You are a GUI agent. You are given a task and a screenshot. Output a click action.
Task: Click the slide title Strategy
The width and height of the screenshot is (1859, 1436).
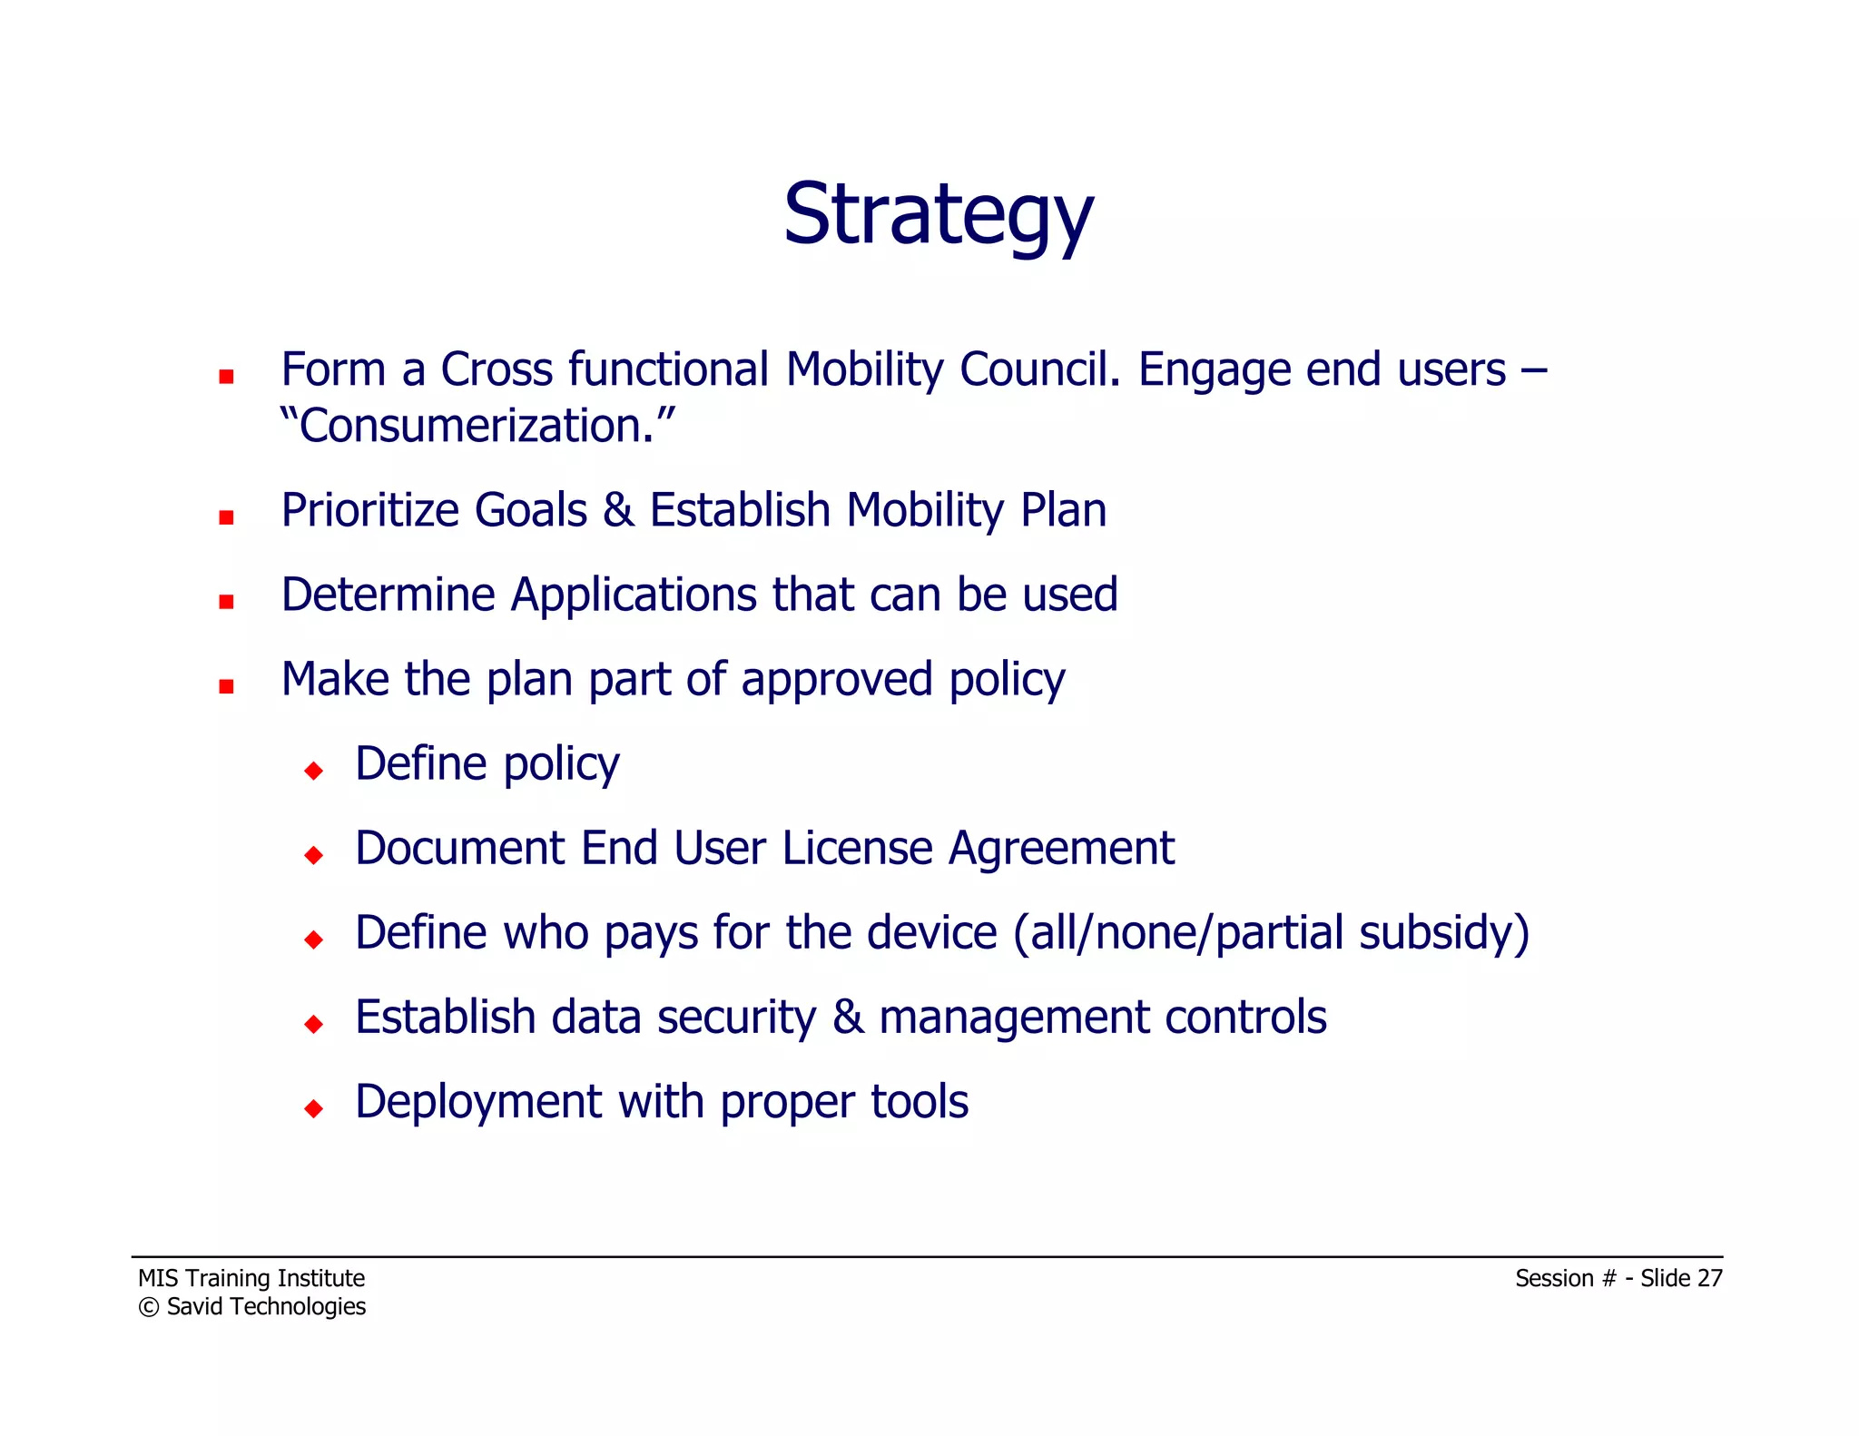pyautogui.click(x=939, y=216)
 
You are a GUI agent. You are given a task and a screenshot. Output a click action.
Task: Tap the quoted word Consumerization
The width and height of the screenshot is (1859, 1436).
pyautogui.click(x=477, y=426)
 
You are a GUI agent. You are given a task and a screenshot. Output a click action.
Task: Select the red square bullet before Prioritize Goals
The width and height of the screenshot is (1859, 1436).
pyautogui.click(x=226, y=517)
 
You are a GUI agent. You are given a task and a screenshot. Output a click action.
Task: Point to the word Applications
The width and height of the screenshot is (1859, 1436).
pyautogui.click(x=634, y=595)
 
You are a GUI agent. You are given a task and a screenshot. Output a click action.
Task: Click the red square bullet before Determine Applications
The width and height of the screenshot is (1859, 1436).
pyautogui.click(x=226, y=602)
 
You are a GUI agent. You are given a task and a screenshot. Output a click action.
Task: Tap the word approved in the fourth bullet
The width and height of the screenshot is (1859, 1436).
pyautogui.click(x=836, y=681)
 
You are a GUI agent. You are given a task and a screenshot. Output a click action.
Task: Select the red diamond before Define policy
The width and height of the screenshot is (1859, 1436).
pyautogui.click(x=314, y=771)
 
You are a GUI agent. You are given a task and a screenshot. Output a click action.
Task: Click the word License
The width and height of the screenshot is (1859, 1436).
pyautogui.click(x=857, y=849)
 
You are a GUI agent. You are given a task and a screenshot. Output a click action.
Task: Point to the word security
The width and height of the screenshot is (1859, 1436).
pyautogui.click(x=736, y=1018)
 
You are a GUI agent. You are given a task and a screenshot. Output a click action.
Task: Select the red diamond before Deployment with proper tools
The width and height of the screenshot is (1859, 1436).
pyautogui.click(x=314, y=1108)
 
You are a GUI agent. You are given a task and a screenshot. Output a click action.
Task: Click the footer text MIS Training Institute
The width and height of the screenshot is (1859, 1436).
pyautogui.click(x=251, y=1278)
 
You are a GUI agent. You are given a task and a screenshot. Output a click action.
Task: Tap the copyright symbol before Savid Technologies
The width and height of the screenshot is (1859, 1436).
pyautogui.click(x=148, y=1307)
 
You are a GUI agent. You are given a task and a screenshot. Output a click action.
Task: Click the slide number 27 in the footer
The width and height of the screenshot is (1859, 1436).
pyautogui.click(x=1709, y=1278)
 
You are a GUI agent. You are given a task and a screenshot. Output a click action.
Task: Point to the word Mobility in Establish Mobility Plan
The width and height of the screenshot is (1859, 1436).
pyautogui.click(x=925, y=511)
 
